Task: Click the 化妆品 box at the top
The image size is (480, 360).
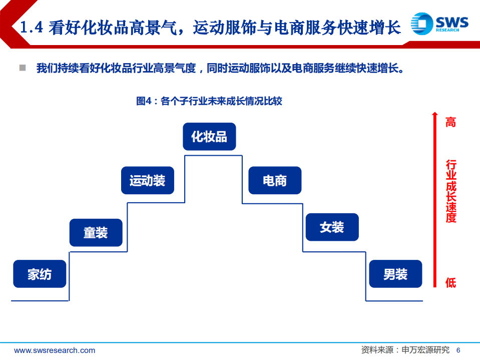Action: (x=209, y=136)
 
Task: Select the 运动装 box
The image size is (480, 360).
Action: (x=147, y=180)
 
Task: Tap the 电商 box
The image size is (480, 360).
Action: (x=275, y=180)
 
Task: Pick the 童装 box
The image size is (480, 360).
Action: (x=96, y=232)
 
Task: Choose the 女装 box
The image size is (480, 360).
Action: (x=332, y=227)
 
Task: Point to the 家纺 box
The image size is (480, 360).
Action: (x=40, y=274)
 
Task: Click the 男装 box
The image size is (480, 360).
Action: (x=395, y=274)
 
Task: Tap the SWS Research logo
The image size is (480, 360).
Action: (x=440, y=24)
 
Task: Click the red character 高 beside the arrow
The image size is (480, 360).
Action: (x=451, y=122)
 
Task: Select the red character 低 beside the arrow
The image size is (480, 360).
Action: (x=451, y=283)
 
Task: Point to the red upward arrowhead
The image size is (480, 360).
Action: (x=435, y=115)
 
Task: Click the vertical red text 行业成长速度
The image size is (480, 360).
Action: (x=451, y=191)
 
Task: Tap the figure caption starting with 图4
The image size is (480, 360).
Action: (x=209, y=101)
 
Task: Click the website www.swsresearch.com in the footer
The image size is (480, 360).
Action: (x=55, y=350)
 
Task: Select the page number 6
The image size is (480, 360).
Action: (x=458, y=350)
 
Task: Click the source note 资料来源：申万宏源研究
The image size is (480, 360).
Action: (x=405, y=350)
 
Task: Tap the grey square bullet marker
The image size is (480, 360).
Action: (x=23, y=68)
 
